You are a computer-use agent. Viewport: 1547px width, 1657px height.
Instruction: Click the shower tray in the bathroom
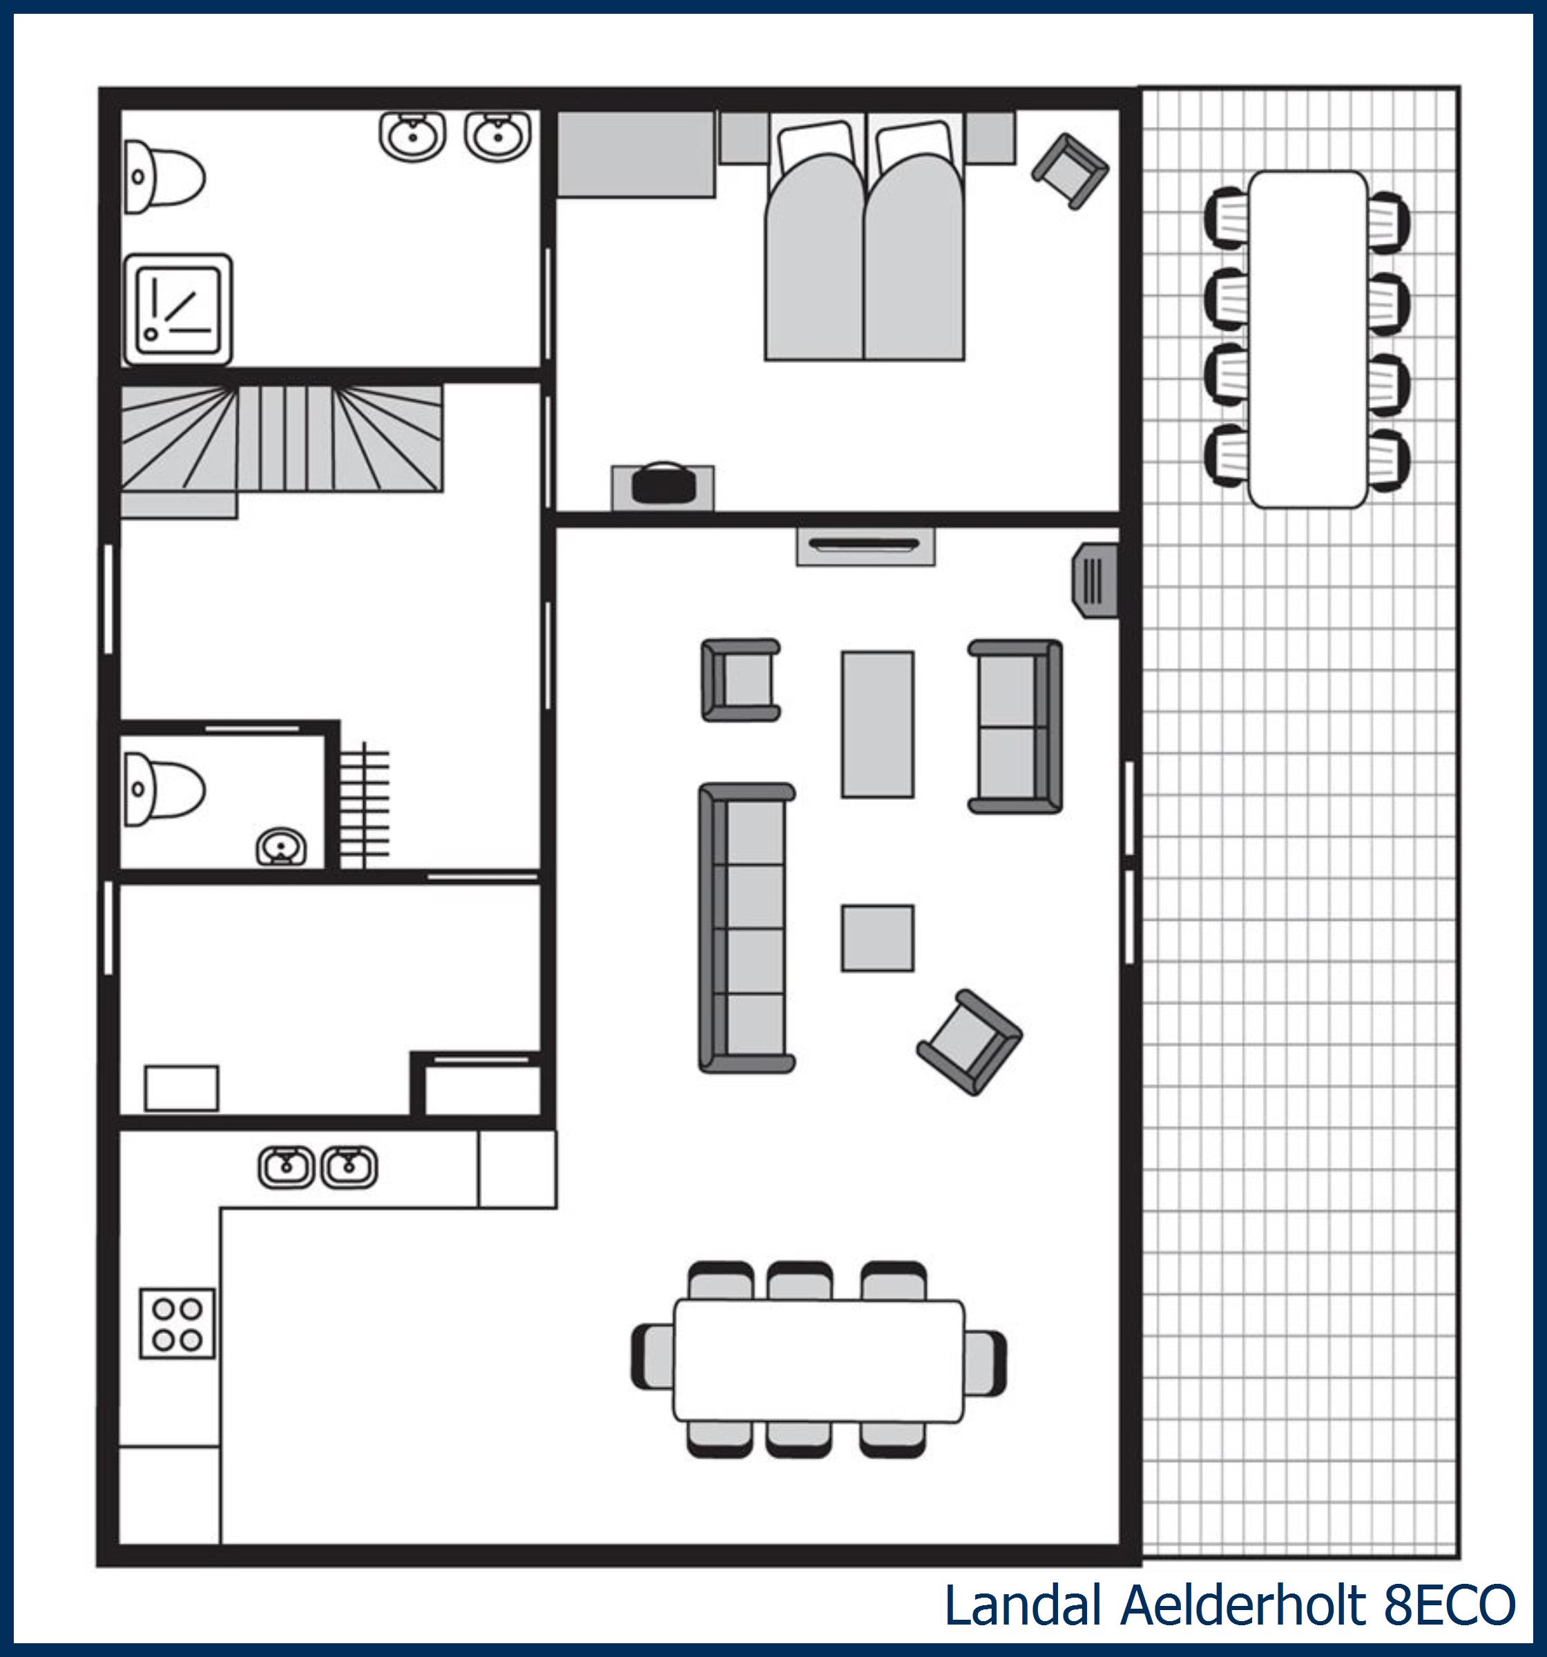[177, 309]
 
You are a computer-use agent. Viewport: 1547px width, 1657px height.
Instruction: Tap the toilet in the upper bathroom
[164, 177]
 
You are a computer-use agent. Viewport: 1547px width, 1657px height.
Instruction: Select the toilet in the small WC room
[164, 790]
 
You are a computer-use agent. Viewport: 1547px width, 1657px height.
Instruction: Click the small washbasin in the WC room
[281, 847]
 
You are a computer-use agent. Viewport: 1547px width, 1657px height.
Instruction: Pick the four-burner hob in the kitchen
[177, 1324]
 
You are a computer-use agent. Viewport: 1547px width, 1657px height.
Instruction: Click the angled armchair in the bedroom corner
[1070, 171]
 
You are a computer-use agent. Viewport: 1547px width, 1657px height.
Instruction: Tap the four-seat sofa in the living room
[747, 928]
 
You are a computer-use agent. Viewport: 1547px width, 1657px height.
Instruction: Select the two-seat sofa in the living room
[1015, 726]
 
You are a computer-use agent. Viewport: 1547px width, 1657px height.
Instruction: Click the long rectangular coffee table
[877, 725]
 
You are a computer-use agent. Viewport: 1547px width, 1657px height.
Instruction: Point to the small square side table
[877, 939]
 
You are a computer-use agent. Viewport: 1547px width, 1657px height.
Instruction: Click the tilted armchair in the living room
[970, 1042]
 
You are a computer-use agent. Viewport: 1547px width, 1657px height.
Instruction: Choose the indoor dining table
[819, 1360]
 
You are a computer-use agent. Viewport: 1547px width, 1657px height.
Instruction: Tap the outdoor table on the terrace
[1307, 340]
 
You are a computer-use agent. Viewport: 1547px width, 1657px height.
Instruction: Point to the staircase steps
[282, 438]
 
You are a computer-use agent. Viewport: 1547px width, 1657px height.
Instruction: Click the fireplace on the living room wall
[865, 546]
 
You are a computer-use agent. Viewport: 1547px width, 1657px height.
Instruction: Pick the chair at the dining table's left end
[653, 1360]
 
